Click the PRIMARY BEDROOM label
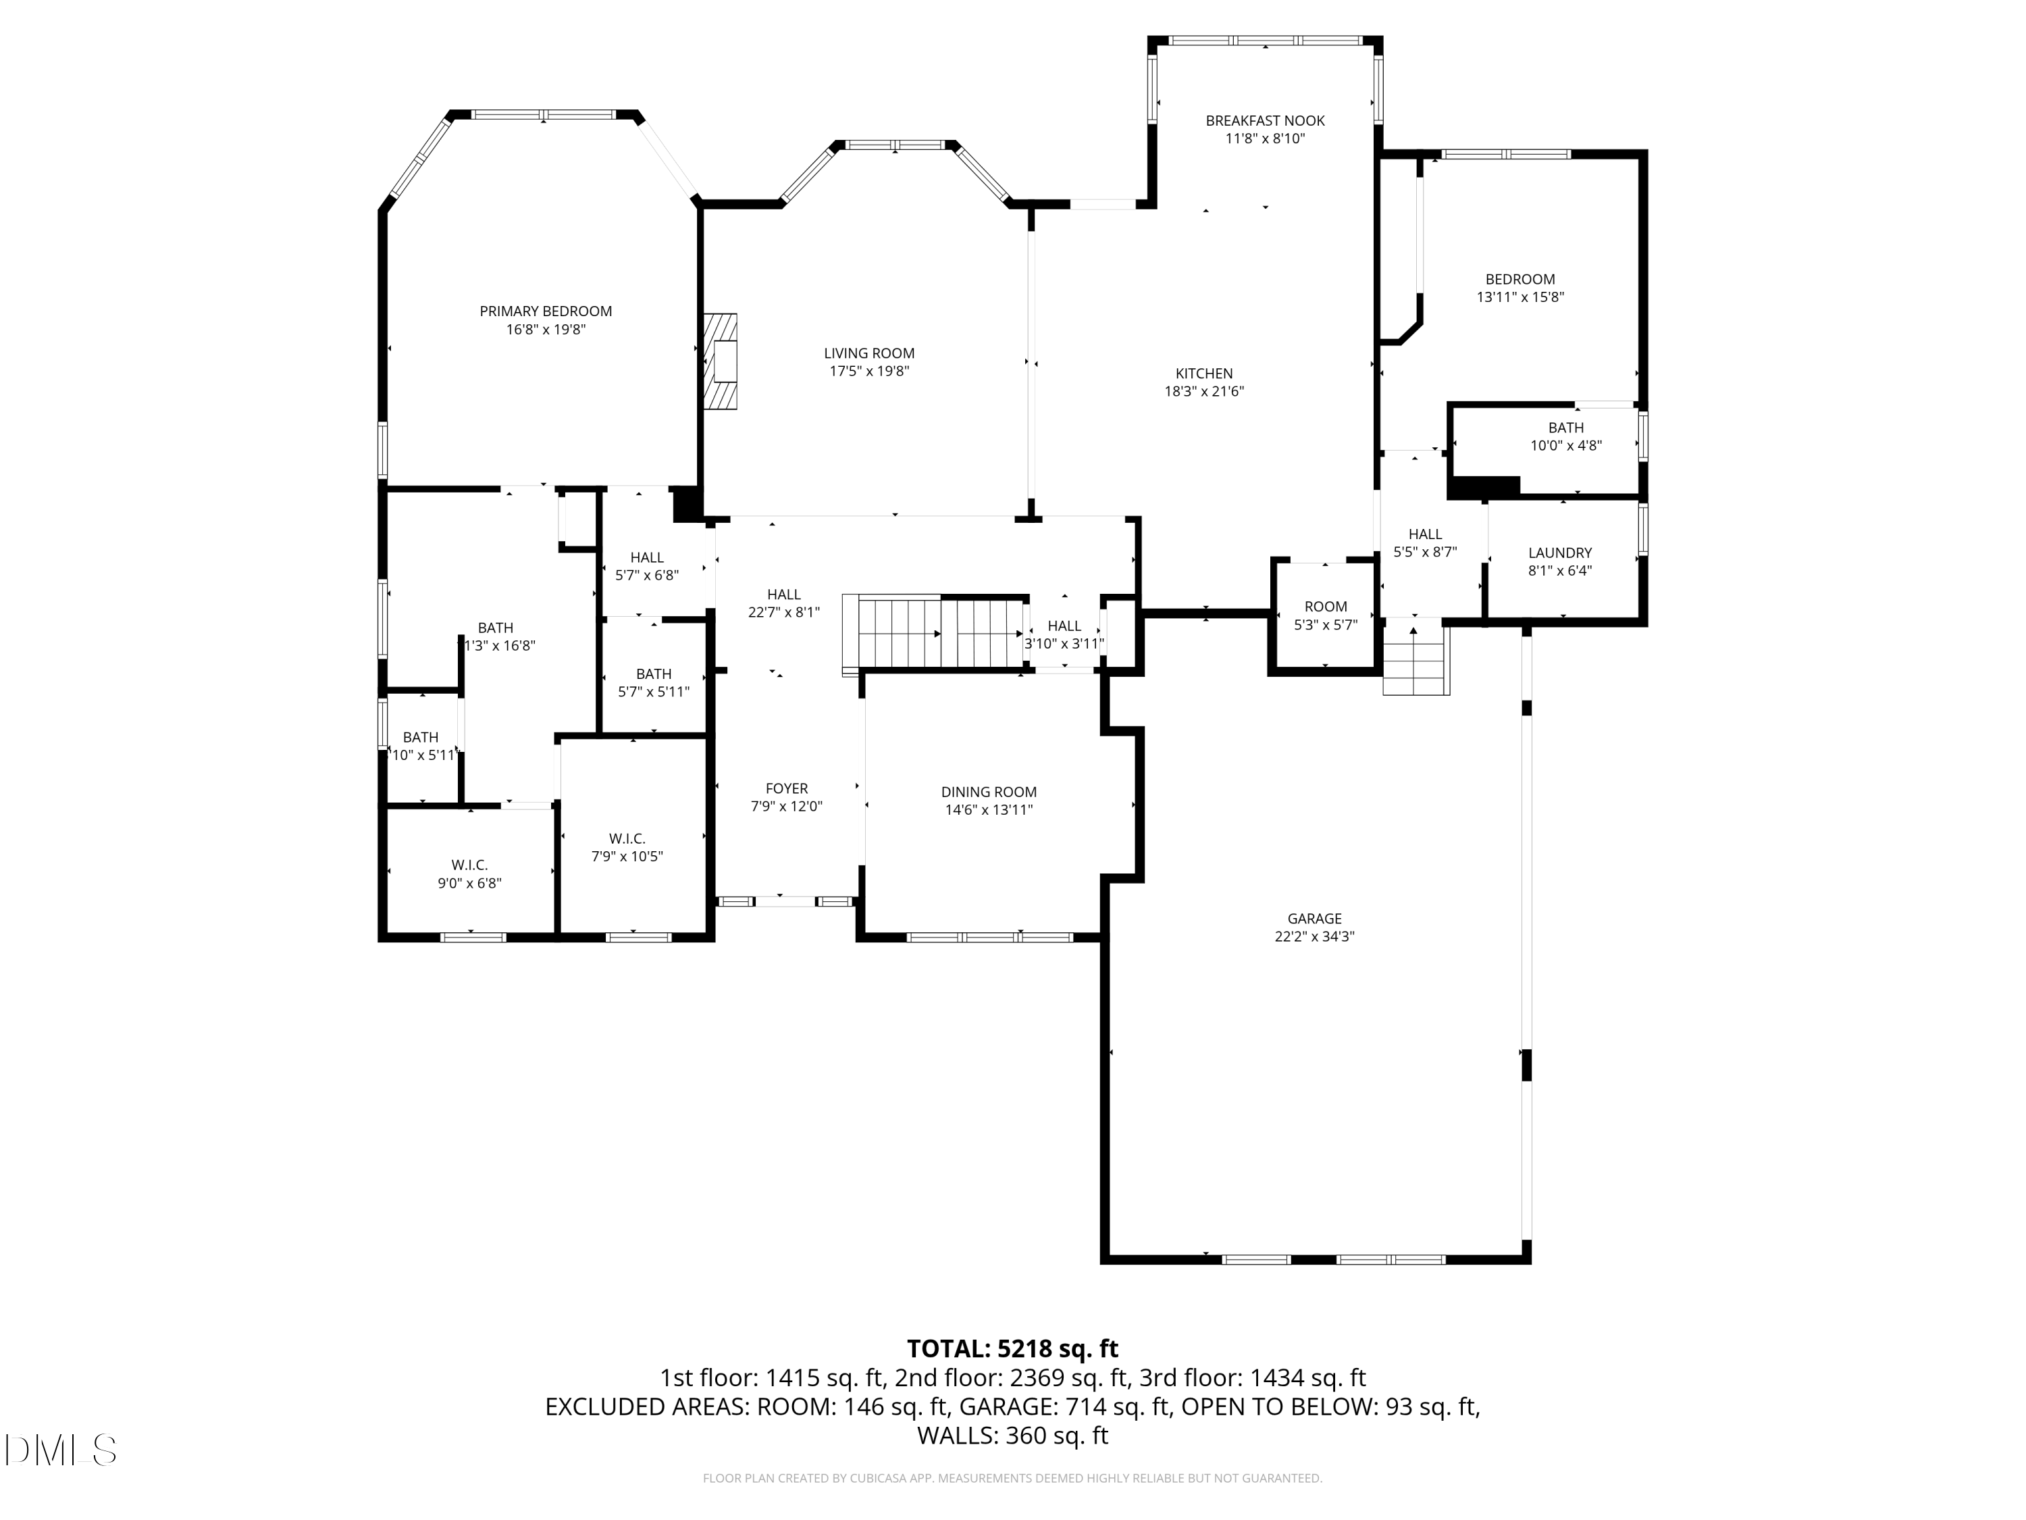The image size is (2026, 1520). click(545, 311)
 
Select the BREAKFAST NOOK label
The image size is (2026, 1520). click(1265, 121)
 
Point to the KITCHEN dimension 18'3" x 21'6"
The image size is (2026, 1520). click(1203, 391)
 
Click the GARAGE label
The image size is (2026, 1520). click(1314, 918)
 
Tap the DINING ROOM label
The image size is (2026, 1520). click(988, 792)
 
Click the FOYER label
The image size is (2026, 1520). click(786, 788)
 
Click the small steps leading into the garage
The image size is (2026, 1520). click(1415, 658)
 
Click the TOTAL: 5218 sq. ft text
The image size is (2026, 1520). click(1012, 1348)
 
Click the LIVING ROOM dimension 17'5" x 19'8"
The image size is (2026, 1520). click(868, 371)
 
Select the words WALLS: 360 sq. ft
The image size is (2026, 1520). click(1012, 1436)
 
